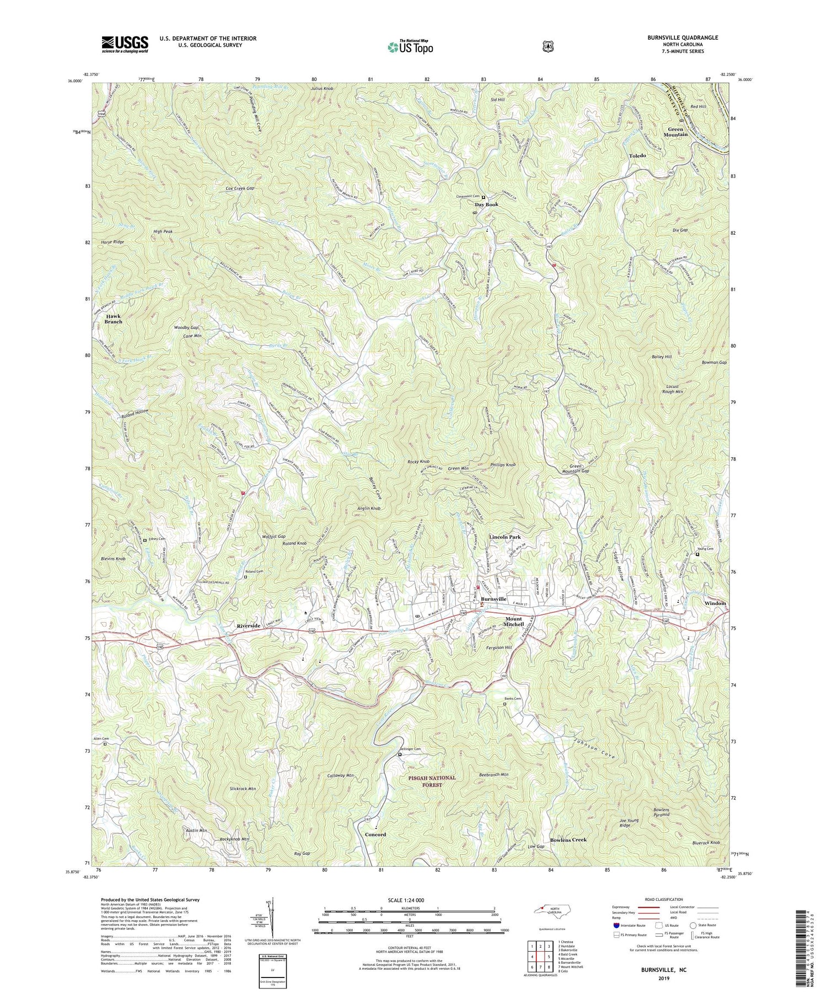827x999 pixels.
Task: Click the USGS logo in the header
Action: coord(125,44)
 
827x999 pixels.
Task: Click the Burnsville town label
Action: coord(493,599)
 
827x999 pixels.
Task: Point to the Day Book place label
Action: coord(486,204)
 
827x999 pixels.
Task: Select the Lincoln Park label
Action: coord(504,537)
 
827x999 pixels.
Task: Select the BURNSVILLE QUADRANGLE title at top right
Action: coord(675,37)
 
